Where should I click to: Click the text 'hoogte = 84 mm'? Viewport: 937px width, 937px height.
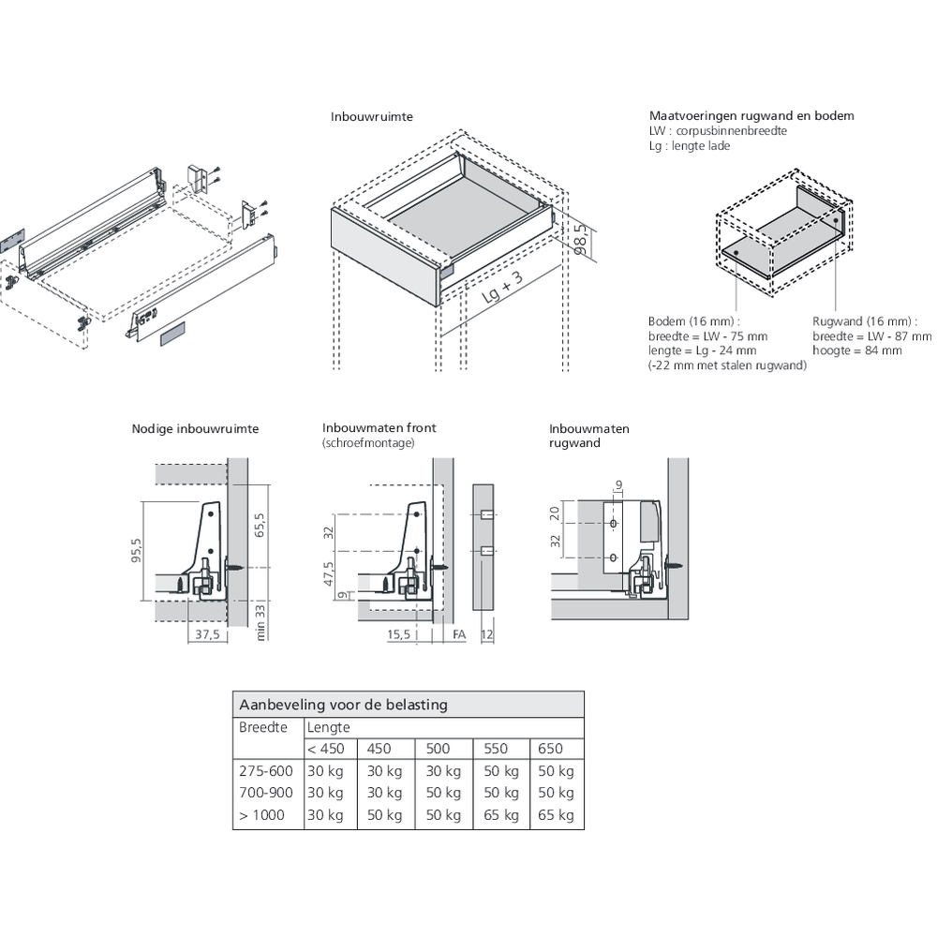pyautogui.click(x=856, y=350)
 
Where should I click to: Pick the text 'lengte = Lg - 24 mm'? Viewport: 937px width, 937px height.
pyautogui.click(x=702, y=350)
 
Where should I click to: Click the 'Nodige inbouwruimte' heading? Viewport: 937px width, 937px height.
pyautogui.click(x=195, y=429)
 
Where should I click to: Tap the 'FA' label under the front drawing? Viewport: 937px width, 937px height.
pyautogui.click(x=458, y=634)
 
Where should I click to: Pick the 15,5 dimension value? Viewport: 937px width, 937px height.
pyautogui.click(x=400, y=634)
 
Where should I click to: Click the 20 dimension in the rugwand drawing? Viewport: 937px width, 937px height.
pyautogui.click(x=555, y=513)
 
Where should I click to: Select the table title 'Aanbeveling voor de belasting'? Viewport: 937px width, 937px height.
pyautogui.click(x=343, y=705)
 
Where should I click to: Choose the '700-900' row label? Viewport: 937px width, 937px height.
pyautogui.click(x=266, y=793)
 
